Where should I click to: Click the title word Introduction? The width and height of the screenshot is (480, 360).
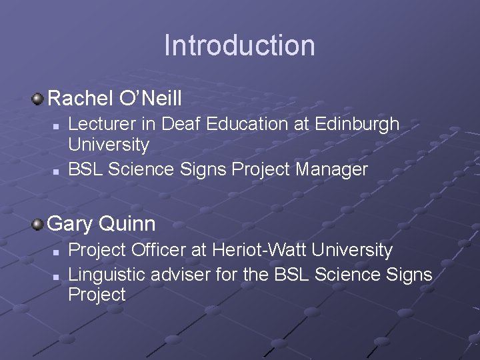pyautogui.click(x=239, y=45)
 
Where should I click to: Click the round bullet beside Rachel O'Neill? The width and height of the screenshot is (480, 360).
pyautogui.click(x=38, y=99)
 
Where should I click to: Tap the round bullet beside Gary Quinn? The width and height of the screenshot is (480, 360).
pyautogui.click(x=38, y=223)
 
